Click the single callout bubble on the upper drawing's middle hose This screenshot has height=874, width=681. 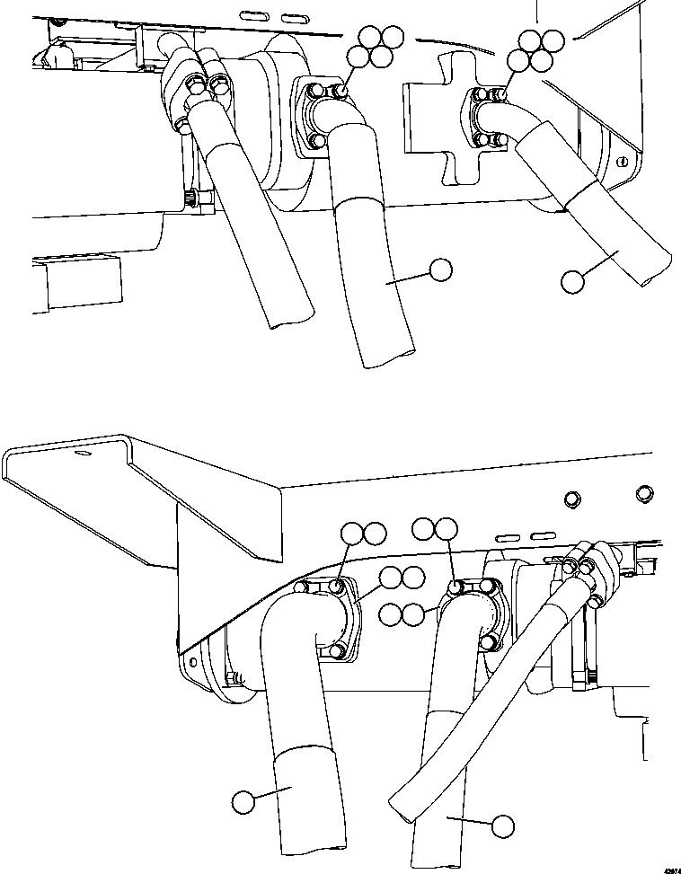pyautogui.click(x=439, y=269)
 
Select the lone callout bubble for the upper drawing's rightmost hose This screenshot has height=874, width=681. pyautogui.click(x=571, y=281)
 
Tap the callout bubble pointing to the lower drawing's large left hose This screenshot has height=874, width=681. pyautogui.click(x=243, y=801)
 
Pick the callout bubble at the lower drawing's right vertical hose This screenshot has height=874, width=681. pyautogui.click(x=502, y=825)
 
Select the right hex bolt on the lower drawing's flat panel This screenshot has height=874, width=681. pyautogui.click(x=643, y=492)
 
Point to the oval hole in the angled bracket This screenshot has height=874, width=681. pyautogui.click(x=83, y=455)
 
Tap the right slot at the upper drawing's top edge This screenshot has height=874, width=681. pyautogui.click(x=292, y=17)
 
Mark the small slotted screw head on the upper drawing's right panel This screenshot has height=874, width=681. pyautogui.click(x=622, y=162)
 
